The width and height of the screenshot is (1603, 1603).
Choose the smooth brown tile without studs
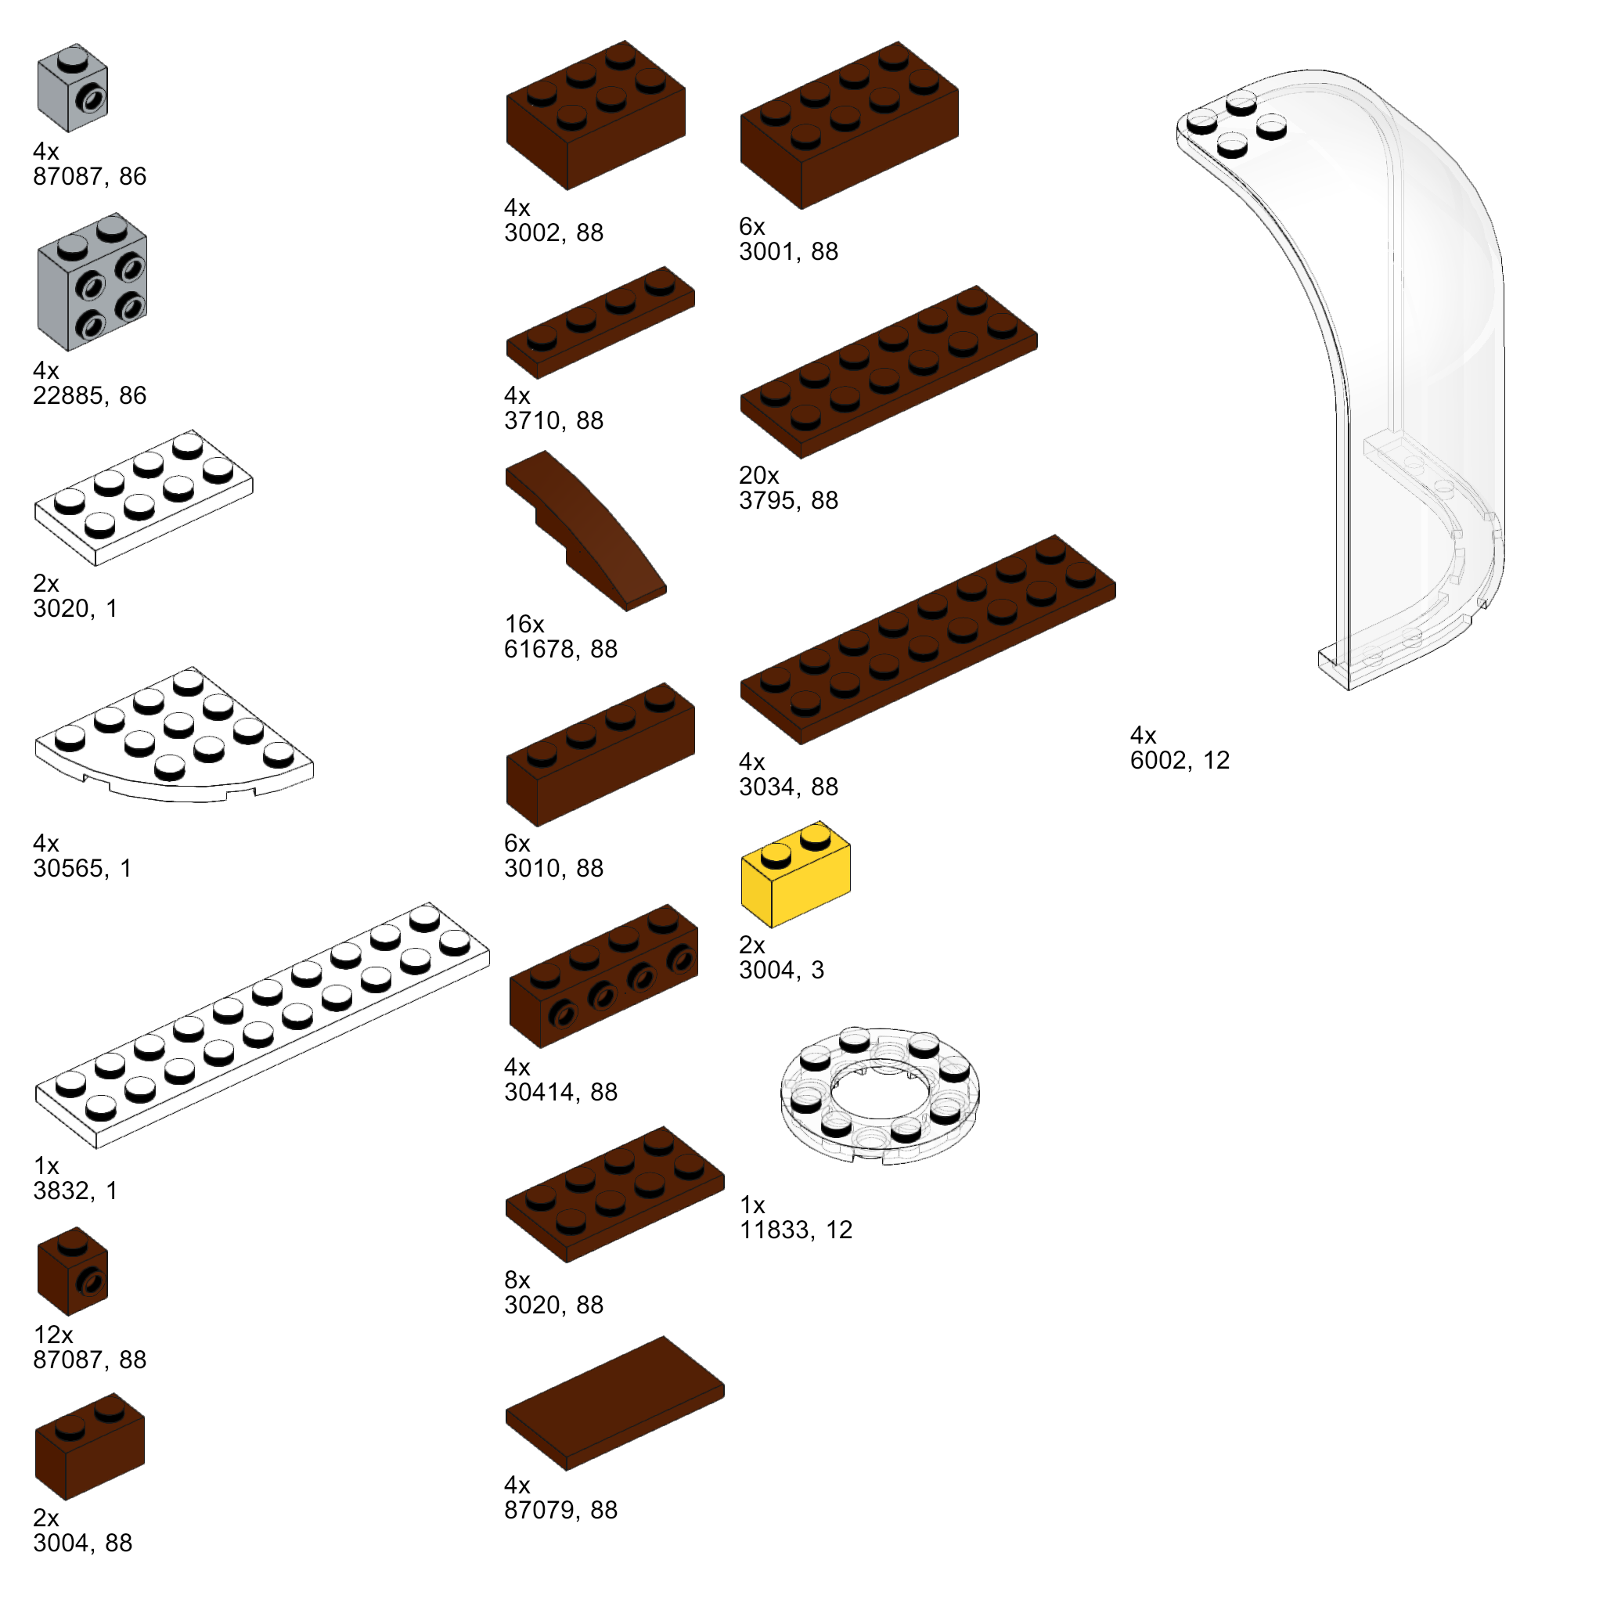[614, 1402]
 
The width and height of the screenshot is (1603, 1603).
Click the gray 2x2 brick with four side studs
[92, 282]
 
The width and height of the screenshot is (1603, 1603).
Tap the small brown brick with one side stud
[72, 1271]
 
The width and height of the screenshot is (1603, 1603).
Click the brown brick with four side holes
[603, 977]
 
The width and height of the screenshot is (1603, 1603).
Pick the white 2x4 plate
[142, 498]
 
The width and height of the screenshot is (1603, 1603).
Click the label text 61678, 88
[561, 649]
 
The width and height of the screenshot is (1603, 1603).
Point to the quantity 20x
[759, 475]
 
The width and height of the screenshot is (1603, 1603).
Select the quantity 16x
[524, 624]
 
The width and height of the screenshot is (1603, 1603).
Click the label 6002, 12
[1179, 760]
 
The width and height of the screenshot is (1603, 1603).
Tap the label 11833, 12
[796, 1230]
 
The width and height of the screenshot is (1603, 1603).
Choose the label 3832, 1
[75, 1191]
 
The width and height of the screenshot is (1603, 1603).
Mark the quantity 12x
[53, 1335]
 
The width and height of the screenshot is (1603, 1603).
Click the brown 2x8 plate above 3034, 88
[928, 639]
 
